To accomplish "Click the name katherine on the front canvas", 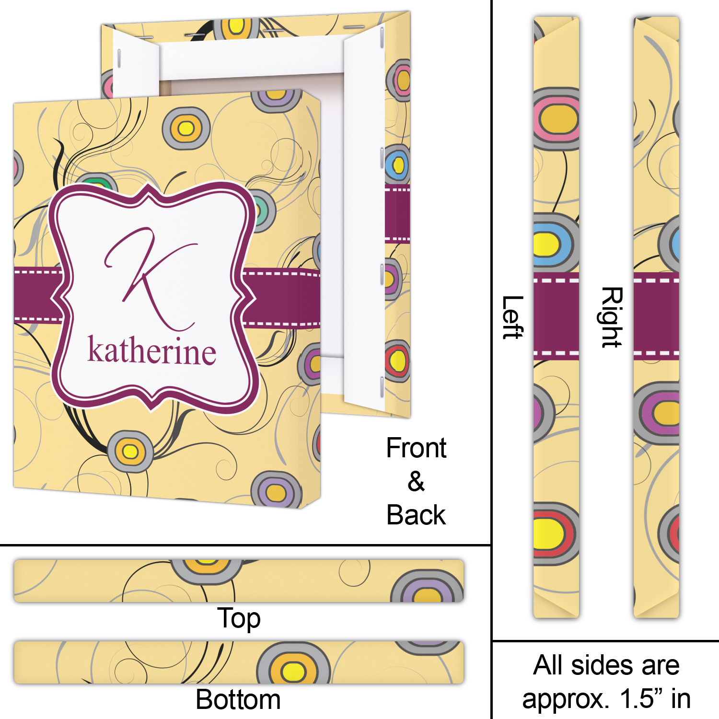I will tap(151, 351).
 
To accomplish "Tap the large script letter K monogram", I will tap(151, 278).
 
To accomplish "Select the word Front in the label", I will tap(416, 448).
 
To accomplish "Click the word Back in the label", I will tap(416, 515).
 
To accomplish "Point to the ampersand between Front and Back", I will tap(416, 482).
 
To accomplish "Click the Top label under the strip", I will tap(239, 618).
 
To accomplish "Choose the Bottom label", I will tap(238, 699).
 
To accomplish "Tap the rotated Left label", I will tap(512, 317).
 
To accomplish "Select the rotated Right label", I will tap(612, 317).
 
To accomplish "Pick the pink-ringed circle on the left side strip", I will tap(557, 119).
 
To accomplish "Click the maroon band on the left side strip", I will tap(556, 316).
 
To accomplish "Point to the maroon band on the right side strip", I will tap(656, 316).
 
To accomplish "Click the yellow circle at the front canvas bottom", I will tap(130, 451).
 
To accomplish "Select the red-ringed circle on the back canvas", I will tap(397, 360).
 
